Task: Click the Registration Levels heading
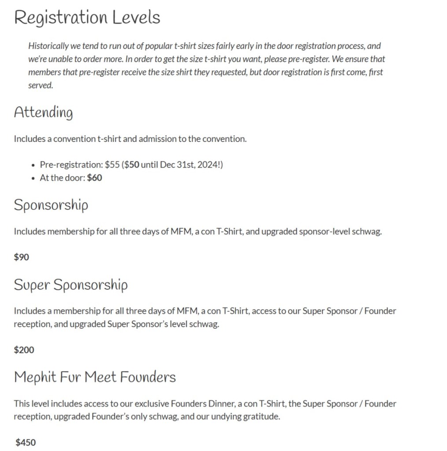[87, 18]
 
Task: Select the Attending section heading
[43, 112]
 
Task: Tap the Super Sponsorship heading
[71, 284]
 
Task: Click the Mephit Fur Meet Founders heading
[95, 377]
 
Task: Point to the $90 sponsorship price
[22, 257]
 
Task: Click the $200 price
[24, 350]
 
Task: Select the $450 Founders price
[26, 443]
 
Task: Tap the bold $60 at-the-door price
[94, 178]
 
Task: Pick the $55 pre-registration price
[112, 165]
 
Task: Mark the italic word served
[40, 86]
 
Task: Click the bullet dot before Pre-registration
[34, 165]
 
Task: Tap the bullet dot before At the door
[34, 179]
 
